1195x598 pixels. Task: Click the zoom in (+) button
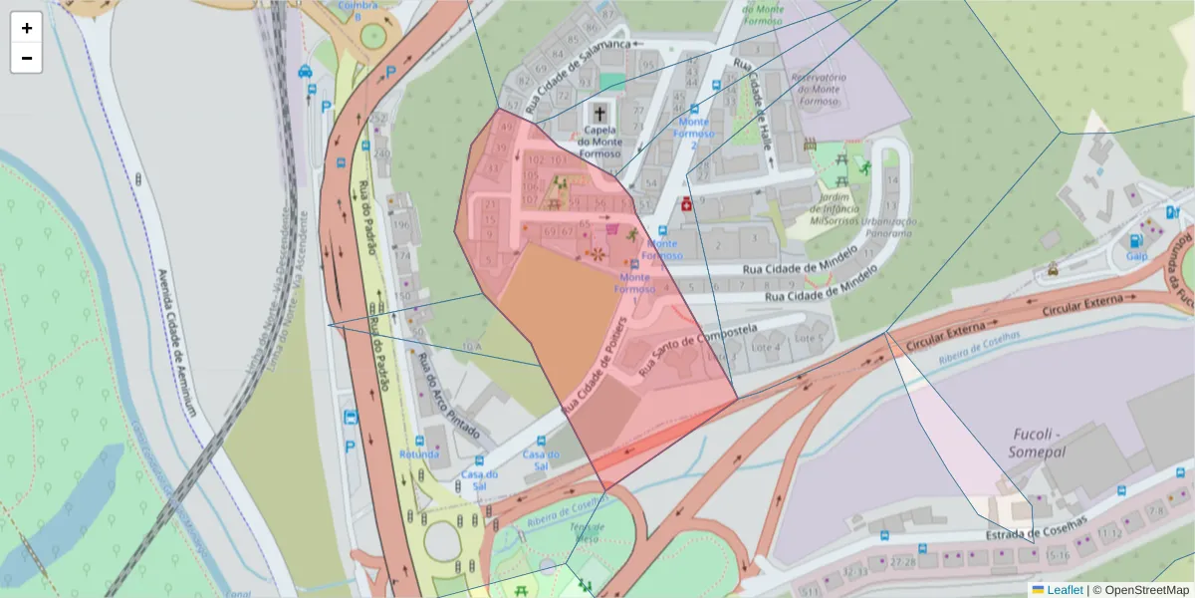pyautogui.click(x=27, y=28)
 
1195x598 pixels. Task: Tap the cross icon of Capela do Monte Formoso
pyautogui.click(x=600, y=113)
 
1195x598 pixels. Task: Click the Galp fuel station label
pyautogui.click(x=1136, y=255)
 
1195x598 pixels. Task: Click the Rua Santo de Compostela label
pyautogui.click(x=699, y=350)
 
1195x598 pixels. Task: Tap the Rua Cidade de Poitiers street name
pyautogui.click(x=596, y=368)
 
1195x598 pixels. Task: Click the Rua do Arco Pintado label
pyautogui.click(x=448, y=396)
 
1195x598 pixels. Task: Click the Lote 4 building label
pyautogui.click(x=766, y=348)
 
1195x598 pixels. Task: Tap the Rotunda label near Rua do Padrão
pyautogui.click(x=418, y=454)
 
